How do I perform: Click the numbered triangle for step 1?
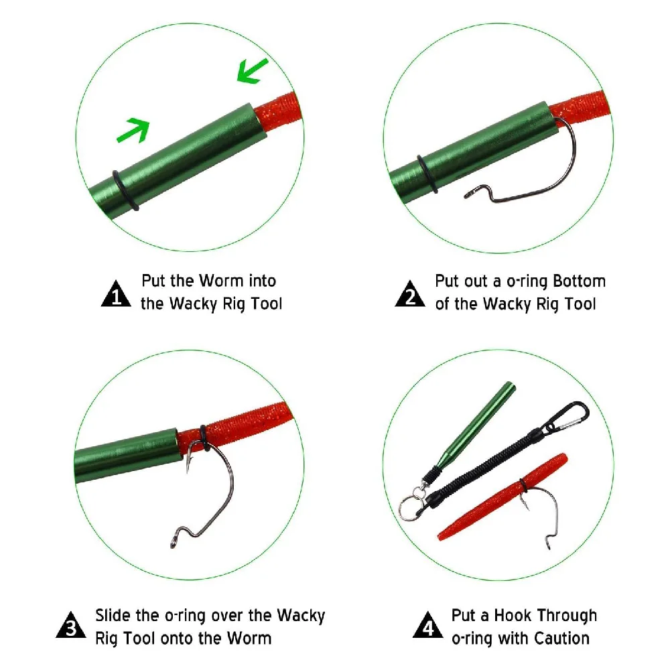(116, 294)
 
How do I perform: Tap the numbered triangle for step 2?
(410, 294)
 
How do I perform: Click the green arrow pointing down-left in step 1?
(252, 70)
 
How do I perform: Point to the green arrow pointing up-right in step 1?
(133, 130)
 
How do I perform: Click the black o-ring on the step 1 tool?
(125, 190)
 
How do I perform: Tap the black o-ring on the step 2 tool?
(427, 174)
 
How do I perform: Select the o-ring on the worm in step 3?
(204, 438)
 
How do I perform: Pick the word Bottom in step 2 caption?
(579, 281)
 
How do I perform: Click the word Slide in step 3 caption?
(113, 615)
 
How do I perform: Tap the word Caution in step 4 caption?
(561, 639)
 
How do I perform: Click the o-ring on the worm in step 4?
(523, 485)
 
